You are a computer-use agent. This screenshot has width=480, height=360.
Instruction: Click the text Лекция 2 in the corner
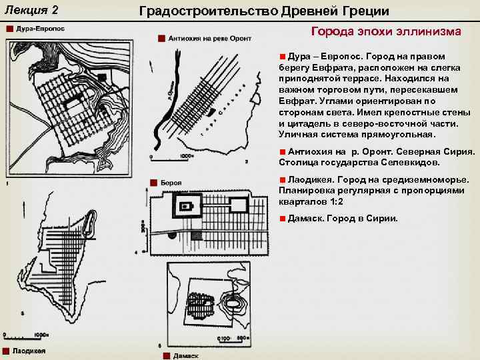pyautogui.click(x=34, y=11)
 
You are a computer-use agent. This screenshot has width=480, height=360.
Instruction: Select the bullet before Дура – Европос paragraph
pyautogui.click(x=283, y=57)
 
